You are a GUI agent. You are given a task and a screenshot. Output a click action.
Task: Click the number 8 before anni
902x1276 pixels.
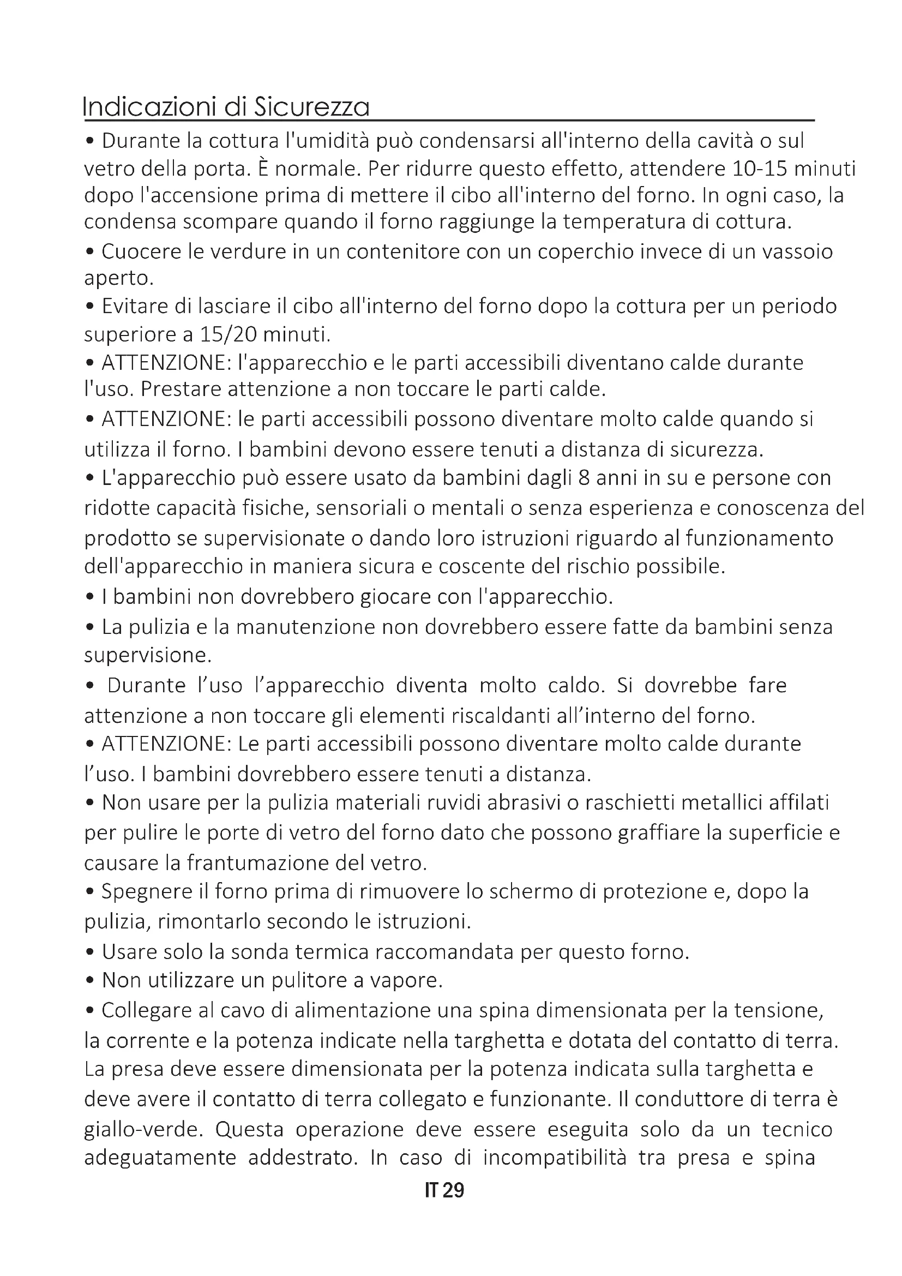pos(583,478)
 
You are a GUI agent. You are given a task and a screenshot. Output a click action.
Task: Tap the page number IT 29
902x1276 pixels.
pos(444,1190)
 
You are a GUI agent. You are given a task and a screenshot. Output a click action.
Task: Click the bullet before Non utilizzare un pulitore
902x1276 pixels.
pos(91,981)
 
